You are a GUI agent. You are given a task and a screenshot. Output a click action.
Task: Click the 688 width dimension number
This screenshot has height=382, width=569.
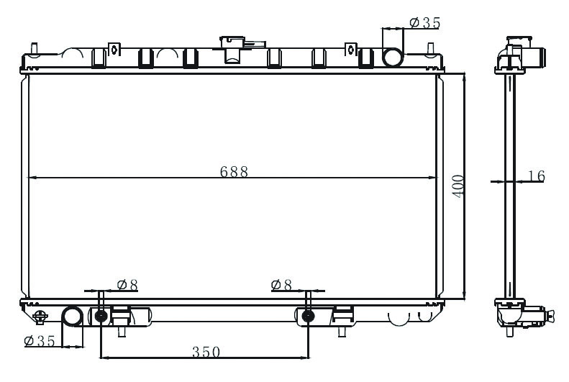234,172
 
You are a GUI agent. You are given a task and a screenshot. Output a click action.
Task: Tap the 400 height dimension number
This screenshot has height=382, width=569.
458,186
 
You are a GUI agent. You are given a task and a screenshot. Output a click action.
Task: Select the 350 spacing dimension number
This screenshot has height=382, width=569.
206,352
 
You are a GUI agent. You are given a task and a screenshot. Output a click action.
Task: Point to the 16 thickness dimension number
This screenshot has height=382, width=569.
537,176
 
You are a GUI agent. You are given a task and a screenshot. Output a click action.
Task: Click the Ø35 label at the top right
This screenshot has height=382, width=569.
425,23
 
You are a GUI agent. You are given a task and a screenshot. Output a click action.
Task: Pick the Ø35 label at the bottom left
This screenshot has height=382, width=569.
40,341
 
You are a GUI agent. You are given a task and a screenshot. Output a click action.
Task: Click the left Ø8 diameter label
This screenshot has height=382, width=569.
128,285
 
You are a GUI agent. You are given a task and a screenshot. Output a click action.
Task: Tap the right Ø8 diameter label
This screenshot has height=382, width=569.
281,285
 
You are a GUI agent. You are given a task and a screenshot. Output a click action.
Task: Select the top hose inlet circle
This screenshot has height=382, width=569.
393,58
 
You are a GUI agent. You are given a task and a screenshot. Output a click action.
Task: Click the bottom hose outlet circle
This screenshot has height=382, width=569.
72,317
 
